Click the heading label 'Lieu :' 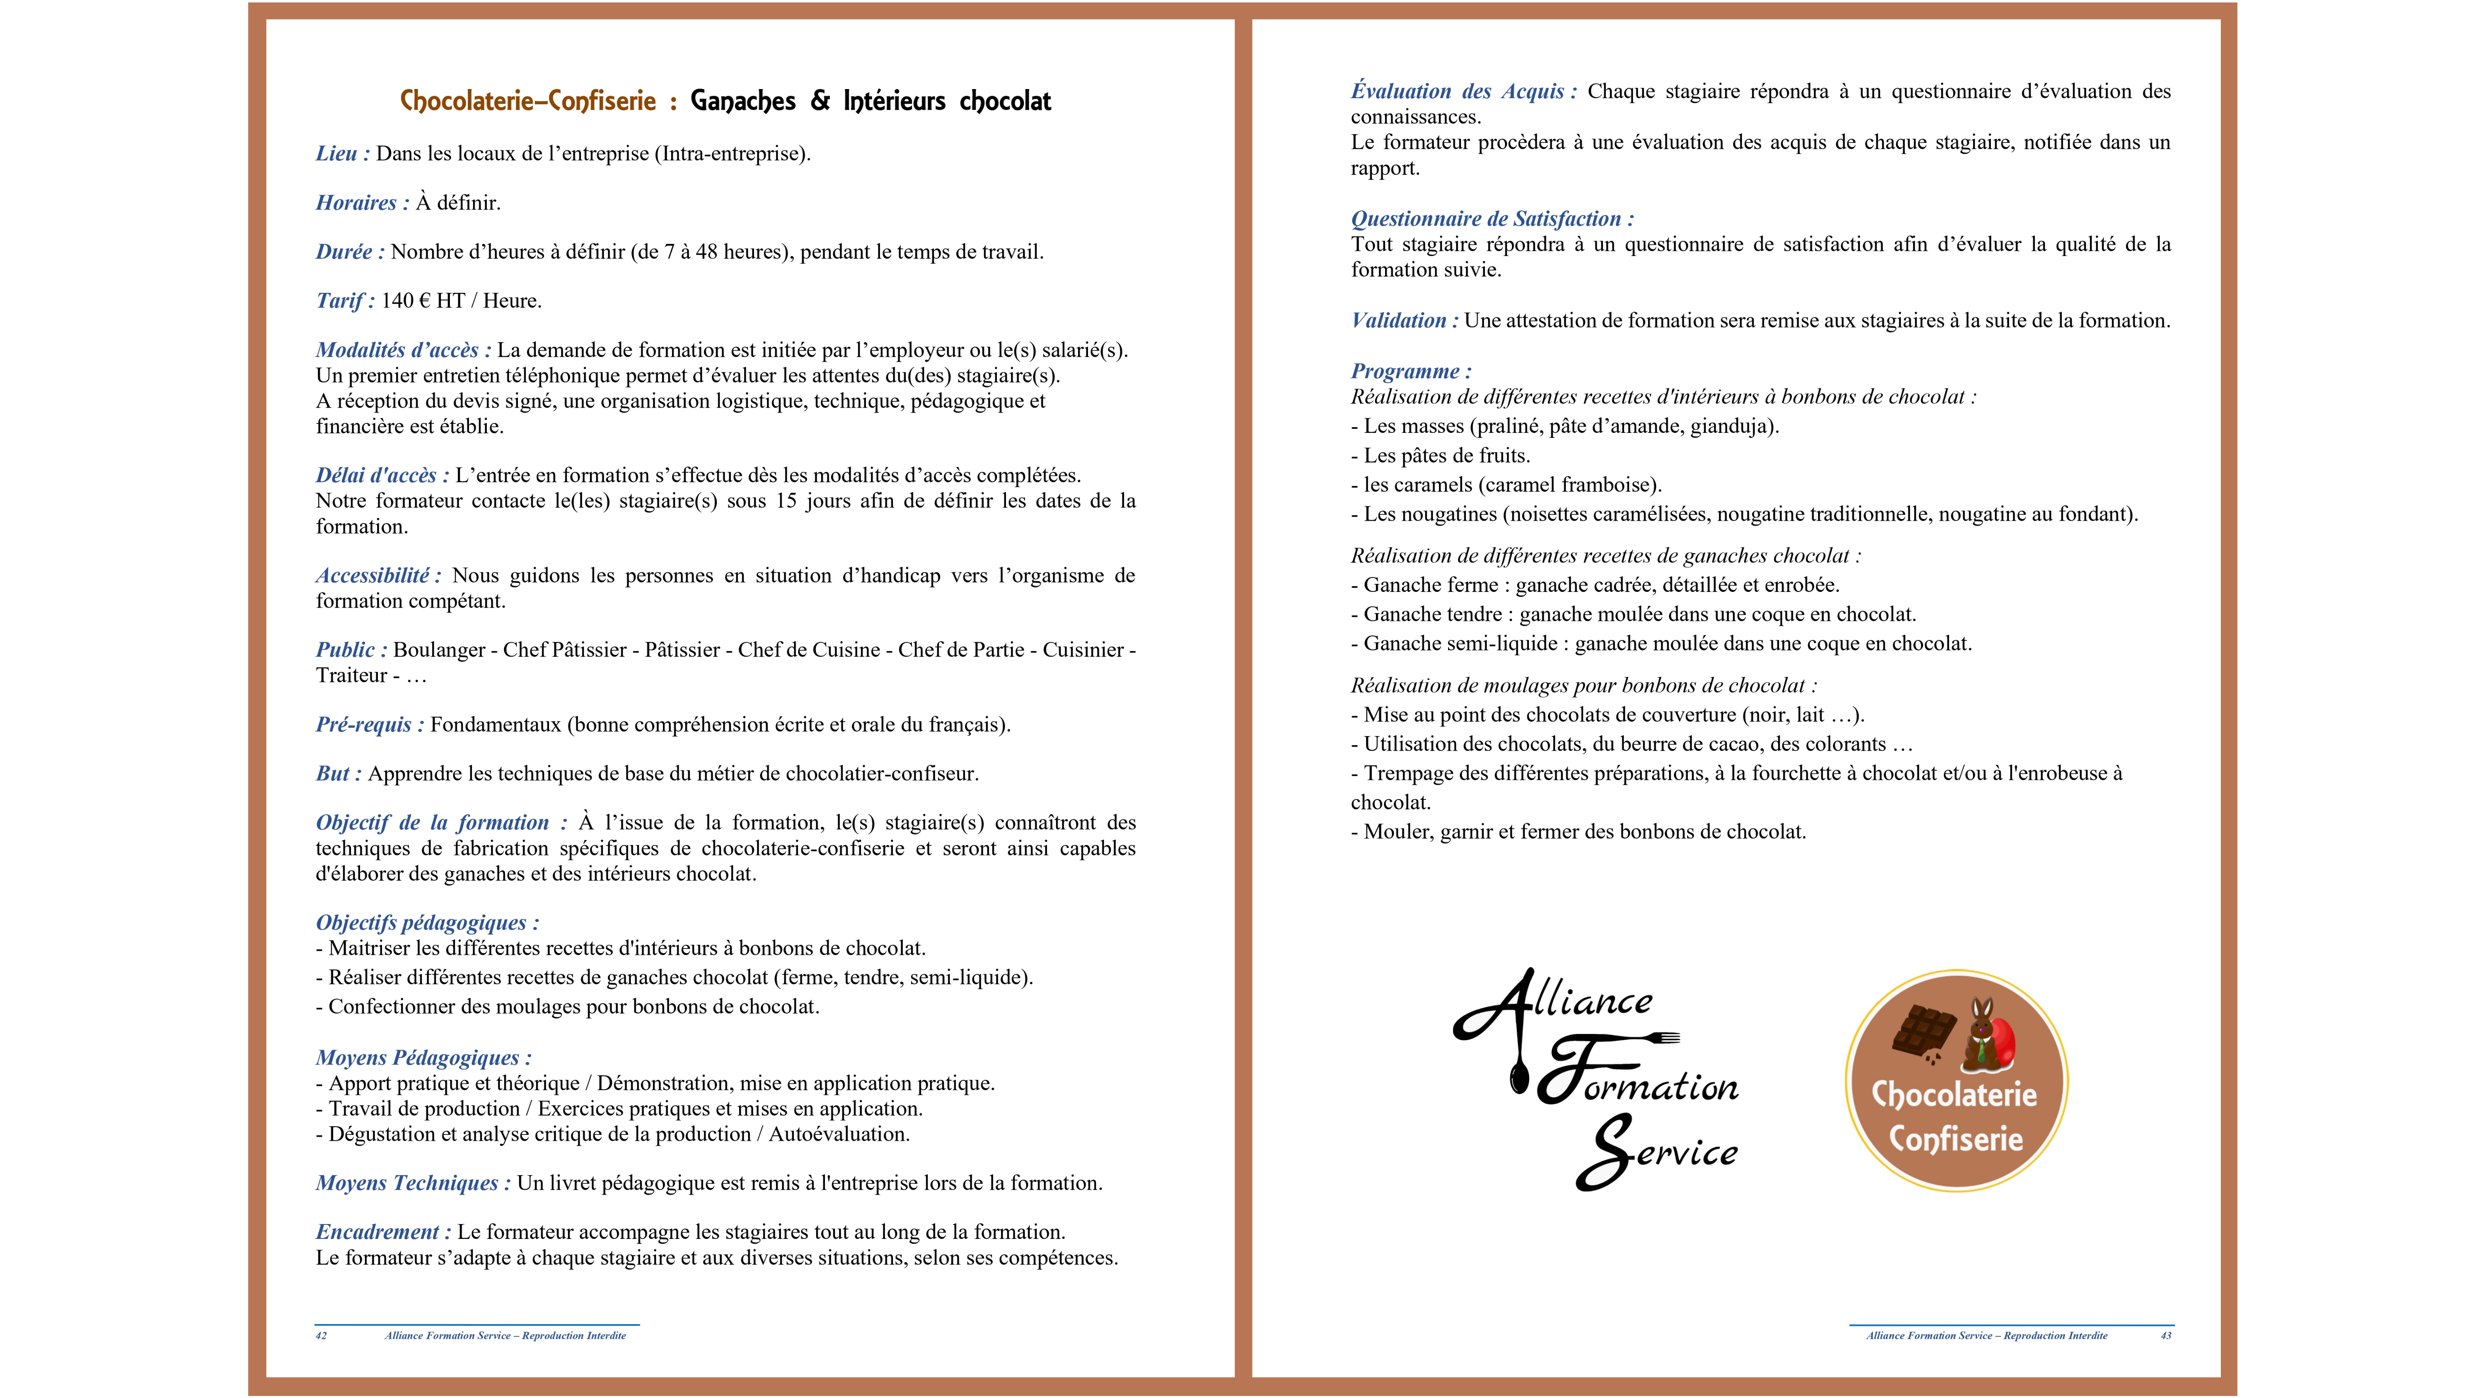(x=342, y=153)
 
